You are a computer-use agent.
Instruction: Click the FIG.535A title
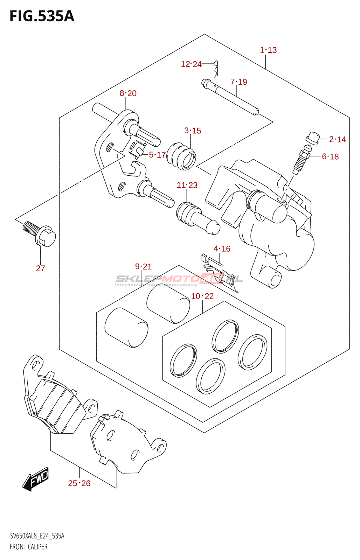point(42,16)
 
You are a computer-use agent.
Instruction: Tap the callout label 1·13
point(268,50)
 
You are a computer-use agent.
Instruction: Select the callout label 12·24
point(191,64)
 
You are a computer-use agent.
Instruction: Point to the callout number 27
point(41,268)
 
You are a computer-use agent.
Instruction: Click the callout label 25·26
point(79,483)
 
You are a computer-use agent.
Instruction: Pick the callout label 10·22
point(202,296)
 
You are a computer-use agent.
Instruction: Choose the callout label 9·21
point(144,267)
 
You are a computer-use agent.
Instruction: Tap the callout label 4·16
point(222,249)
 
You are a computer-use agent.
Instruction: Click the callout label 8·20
point(128,93)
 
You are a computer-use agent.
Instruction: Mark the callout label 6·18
point(330,156)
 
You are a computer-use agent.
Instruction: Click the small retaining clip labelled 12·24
point(217,68)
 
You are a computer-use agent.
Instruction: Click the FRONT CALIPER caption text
point(29,547)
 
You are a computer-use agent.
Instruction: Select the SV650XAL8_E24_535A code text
point(37,536)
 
